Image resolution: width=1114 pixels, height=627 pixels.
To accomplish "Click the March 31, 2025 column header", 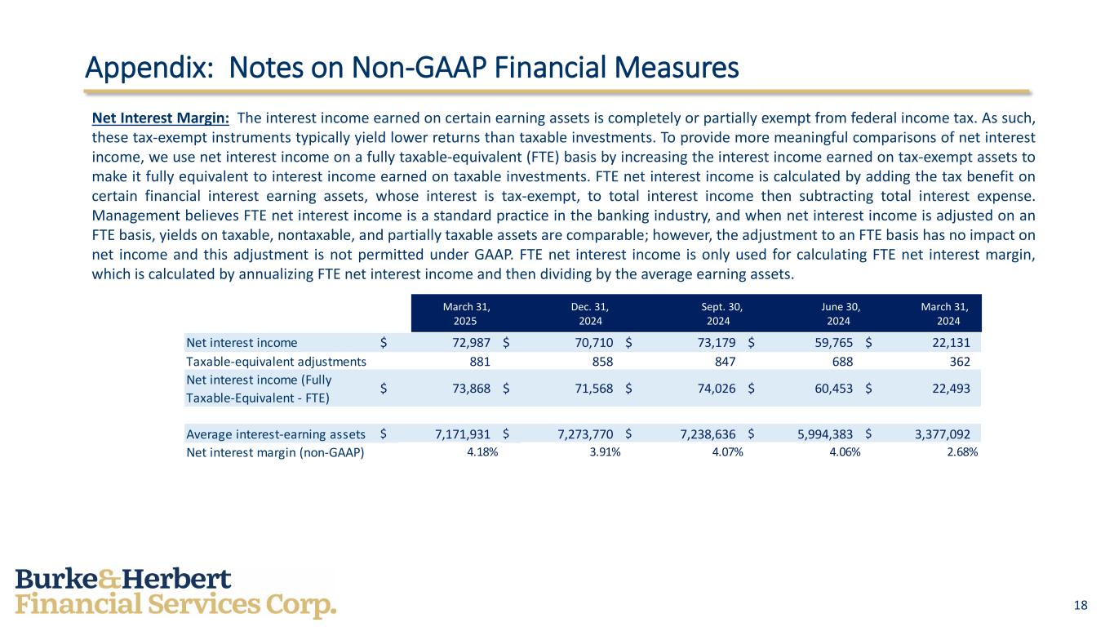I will point(466,313).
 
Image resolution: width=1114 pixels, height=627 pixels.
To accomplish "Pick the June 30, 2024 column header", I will point(841,313).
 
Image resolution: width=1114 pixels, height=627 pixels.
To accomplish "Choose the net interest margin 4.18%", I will point(482,451).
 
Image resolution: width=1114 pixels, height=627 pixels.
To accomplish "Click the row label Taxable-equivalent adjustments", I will point(276,362).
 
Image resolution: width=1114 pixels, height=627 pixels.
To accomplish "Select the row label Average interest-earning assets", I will point(275,434).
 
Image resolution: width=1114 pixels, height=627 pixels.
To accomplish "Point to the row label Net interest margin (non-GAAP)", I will point(275,451).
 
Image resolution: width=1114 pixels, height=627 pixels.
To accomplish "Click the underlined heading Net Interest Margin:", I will point(160,118).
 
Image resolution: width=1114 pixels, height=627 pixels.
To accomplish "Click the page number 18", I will point(1081,605).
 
